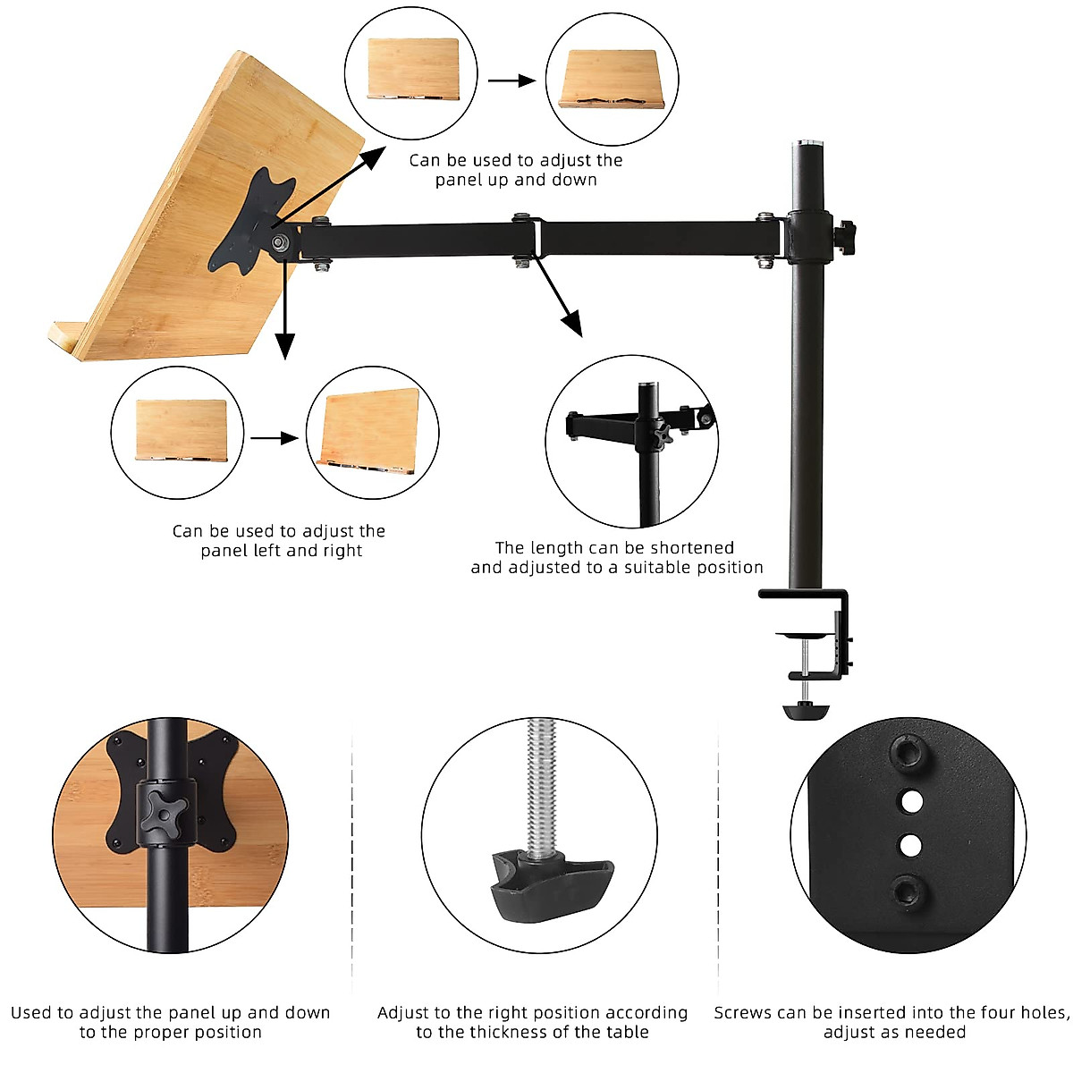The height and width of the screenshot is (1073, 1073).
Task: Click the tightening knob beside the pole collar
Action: [843, 235]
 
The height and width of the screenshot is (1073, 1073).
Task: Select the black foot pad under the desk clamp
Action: [806, 711]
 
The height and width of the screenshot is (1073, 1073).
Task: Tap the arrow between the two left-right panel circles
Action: [275, 438]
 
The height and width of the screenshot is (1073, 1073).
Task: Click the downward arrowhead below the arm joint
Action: [284, 345]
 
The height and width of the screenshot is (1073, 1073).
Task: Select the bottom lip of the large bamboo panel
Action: [67, 340]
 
